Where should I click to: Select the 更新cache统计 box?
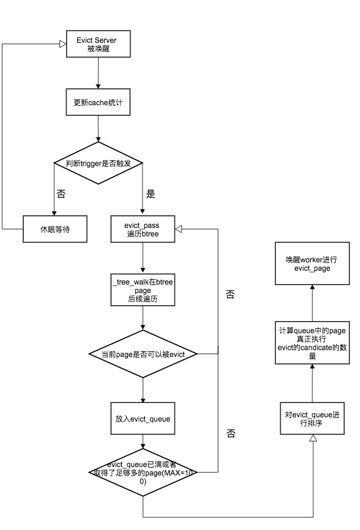tap(98, 102)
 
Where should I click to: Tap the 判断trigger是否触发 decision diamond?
tap(98, 163)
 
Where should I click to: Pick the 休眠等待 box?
tap(55, 229)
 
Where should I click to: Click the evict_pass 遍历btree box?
tap(143, 229)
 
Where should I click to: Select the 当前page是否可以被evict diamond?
tap(143, 354)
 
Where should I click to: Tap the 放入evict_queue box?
tap(143, 418)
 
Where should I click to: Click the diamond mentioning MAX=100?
tap(143, 472)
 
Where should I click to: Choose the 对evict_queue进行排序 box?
tap(312, 418)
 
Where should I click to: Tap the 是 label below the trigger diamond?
tap(151, 194)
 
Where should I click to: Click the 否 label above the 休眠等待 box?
tap(61, 194)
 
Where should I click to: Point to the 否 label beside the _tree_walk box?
tap(230, 295)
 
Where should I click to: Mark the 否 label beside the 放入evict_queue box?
tap(230, 434)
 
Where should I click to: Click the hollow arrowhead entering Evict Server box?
tap(62, 45)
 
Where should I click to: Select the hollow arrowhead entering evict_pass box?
tap(179, 229)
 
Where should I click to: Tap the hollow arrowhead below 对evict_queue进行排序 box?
tap(312, 438)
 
